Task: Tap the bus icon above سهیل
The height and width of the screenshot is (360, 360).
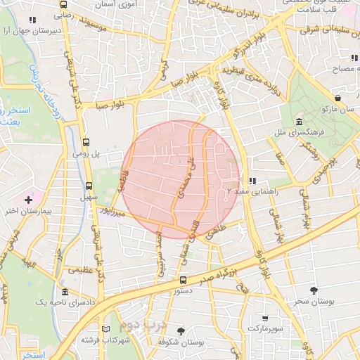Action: point(89,186)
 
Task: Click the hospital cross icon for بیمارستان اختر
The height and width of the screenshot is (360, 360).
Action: point(27,200)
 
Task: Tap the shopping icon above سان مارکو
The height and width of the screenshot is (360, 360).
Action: point(339,98)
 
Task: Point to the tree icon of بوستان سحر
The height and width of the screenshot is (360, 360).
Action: point(314,290)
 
